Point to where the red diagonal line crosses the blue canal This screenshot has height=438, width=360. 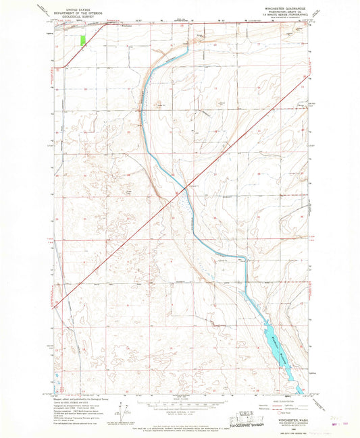coord(183,190)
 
